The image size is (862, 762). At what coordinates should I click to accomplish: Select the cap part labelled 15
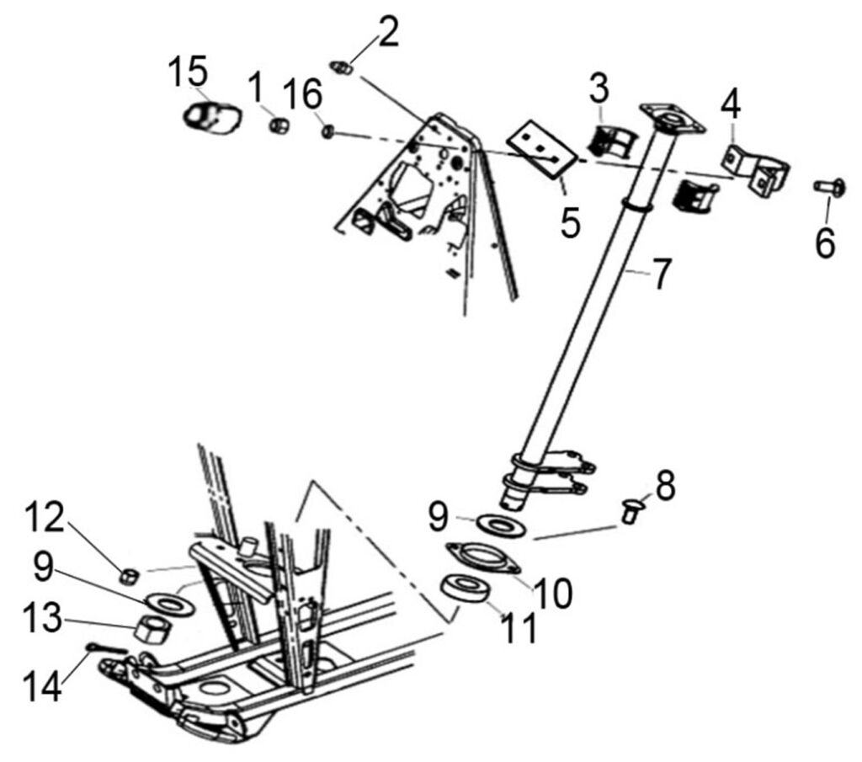tap(210, 117)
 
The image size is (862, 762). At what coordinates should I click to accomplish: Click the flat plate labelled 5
tap(543, 149)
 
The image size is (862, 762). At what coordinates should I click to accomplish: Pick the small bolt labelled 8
tap(629, 509)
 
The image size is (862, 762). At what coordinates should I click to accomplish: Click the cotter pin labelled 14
tap(106, 647)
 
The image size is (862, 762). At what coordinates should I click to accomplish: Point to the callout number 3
tap(599, 87)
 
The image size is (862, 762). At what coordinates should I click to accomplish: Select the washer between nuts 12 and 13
tap(166, 601)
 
